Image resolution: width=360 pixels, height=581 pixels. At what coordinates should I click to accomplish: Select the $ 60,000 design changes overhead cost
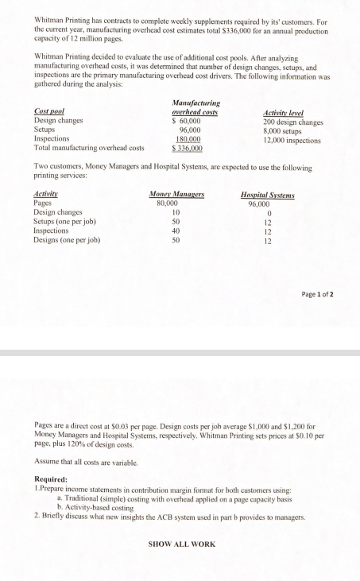tap(184, 122)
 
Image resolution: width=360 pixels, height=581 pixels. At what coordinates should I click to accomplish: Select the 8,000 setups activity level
tap(281, 130)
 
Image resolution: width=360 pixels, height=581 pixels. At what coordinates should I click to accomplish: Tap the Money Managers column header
tap(176, 195)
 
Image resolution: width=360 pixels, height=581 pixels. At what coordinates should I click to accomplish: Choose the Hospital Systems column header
tap(267, 195)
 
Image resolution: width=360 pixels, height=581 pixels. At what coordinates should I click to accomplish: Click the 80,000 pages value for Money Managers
tap(177, 203)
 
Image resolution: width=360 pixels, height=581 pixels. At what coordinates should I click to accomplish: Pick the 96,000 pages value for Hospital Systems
tap(267, 203)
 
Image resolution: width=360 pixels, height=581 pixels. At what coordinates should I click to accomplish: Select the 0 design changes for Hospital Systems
tap(267, 213)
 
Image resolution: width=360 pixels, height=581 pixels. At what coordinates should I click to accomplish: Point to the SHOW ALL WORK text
tap(183, 544)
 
